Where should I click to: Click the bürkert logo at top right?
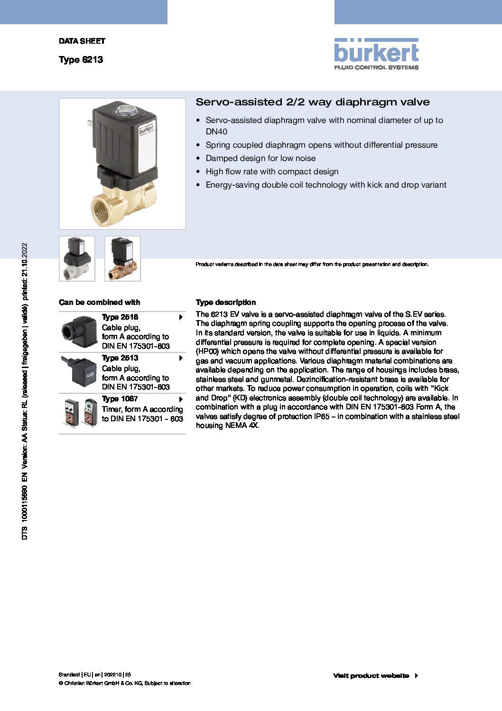[376, 54]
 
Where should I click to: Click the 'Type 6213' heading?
[81, 60]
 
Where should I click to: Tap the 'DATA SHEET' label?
[82, 41]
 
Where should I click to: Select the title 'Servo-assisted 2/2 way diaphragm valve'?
[313, 102]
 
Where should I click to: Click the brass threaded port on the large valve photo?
[105, 209]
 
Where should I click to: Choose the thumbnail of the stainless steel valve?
[77, 258]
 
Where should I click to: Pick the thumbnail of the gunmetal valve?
[122, 258]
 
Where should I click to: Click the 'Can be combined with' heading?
[99, 302]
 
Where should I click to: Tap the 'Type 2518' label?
[120, 317]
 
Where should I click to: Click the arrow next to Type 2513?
[181, 358]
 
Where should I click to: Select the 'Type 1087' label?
[120, 399]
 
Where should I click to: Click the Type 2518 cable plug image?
[79, 332]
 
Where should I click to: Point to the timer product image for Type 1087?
[81, 413]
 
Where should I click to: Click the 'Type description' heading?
[226, 302]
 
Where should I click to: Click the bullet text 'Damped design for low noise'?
[260, 158]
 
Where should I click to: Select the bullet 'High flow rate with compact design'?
[272, 171]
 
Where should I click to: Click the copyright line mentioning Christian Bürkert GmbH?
[125, 683]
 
